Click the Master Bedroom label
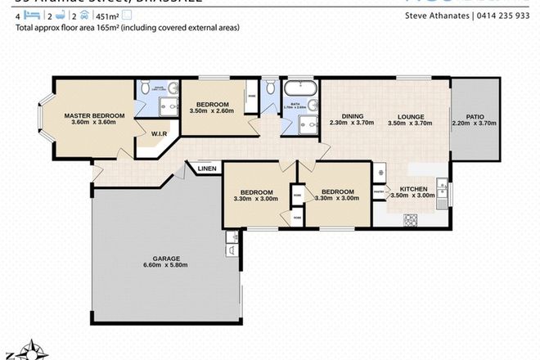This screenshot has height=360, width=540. tap(95, 116)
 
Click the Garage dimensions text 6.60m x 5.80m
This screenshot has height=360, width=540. tap(166, 265)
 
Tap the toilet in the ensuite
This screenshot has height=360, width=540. tap(145, 87)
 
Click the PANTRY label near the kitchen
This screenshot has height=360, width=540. tap(378, 193)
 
